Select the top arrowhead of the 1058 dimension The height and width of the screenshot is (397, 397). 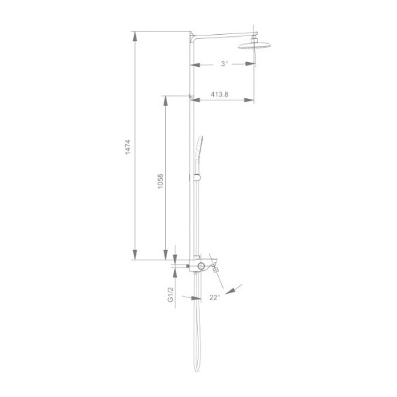coord(165,100)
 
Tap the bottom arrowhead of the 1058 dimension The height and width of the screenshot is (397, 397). coord(165,256)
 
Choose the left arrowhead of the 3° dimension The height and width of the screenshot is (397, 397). coord(196,64)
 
